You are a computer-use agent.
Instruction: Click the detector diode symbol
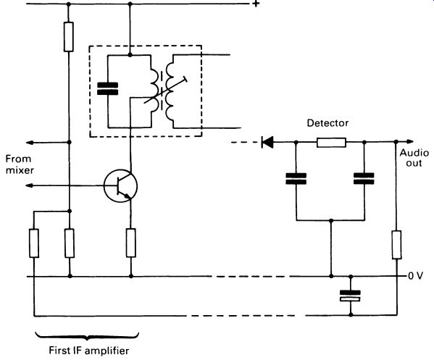coord(267,142)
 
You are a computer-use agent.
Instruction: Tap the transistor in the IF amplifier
coord(121,185)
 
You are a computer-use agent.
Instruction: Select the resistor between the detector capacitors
coord(331,143)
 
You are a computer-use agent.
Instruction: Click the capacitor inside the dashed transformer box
coord(108,89)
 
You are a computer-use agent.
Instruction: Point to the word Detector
coord(327,123)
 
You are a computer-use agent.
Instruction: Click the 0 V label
coord(415,276)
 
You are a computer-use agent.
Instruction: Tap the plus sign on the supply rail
coord(256,4)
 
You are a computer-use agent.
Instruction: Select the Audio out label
coord(414,158)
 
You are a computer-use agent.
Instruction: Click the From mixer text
coord(20,164)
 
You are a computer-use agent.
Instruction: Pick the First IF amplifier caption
coord(89,351)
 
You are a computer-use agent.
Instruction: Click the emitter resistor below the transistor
coord(131,243)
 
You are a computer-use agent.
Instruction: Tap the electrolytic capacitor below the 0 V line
coord(350,296)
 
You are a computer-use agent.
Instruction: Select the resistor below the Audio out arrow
coord(396,245)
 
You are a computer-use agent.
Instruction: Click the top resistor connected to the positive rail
coord(69,37)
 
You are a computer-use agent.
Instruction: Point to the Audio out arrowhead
coord(410,142)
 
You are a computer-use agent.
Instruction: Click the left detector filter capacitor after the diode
coord(296,179)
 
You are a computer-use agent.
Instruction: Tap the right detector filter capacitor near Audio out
coord(364,179)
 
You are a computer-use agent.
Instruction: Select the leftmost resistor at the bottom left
coord(34,243)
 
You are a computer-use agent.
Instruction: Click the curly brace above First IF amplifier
coord(87,335)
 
